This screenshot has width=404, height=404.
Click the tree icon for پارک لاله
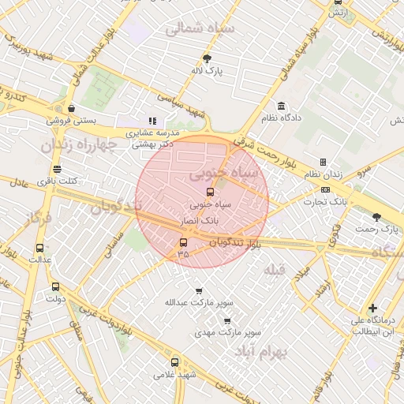point(207,58)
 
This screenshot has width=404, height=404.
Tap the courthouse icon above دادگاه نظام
point(281,106)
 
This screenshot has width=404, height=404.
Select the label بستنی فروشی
point(70,121)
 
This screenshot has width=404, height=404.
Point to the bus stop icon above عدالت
point(39,248)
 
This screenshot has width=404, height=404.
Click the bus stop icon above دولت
point(54,287)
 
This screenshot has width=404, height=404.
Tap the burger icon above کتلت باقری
point(56,170)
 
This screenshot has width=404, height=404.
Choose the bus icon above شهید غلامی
point(174,362)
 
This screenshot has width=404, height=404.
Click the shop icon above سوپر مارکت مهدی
point(227,321)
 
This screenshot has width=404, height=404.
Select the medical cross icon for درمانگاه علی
point(372,309)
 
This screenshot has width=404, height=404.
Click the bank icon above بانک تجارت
point(326,190)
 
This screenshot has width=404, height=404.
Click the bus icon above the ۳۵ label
point(184,242)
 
